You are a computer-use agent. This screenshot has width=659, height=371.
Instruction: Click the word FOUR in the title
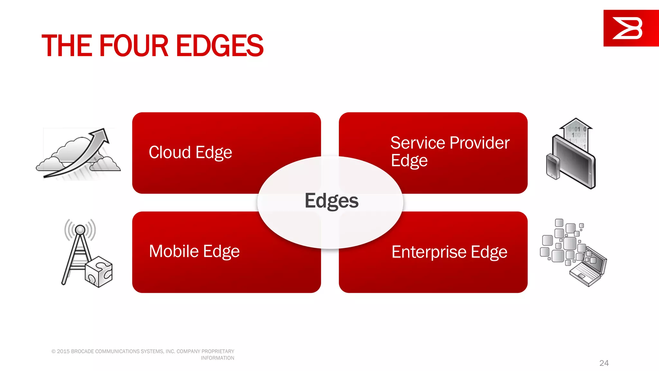coord(134,46)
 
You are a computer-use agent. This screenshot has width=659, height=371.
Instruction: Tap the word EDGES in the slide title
coord(220,46)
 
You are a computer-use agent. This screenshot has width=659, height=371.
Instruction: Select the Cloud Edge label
coord(190,152)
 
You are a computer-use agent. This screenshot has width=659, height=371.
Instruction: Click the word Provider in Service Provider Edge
coord(479,143)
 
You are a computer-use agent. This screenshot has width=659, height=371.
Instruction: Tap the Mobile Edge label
coord(194,251)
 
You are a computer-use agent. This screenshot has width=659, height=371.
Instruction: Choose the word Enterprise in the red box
coord(429,252)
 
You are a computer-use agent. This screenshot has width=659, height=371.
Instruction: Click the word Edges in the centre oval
coord(331,201)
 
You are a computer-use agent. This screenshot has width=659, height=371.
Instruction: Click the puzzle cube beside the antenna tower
coord(99,271)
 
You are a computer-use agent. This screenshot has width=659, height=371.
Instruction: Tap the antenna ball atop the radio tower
coord(80,230)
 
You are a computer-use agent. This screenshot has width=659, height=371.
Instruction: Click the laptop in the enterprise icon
coord(589,267)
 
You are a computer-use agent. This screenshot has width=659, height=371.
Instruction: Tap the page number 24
coord(604,363)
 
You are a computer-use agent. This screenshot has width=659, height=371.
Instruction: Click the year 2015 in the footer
coord(63,351)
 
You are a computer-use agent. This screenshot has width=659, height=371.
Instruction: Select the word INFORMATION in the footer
coord(218,358)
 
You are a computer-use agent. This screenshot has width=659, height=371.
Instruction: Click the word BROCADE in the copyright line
coord(82,351)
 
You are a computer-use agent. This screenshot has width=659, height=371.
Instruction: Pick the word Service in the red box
coord(417,143)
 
